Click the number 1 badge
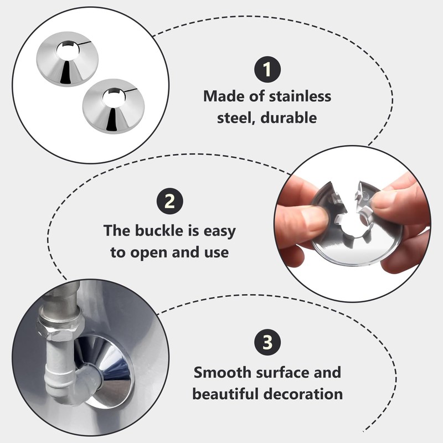click(267, 70)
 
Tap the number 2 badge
click(170, 201)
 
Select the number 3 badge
click(267, 342)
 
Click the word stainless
click(300, 96)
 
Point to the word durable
click(289, 117)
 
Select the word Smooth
click(222, 372)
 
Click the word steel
click(236, 117)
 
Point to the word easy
click(219, 231)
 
